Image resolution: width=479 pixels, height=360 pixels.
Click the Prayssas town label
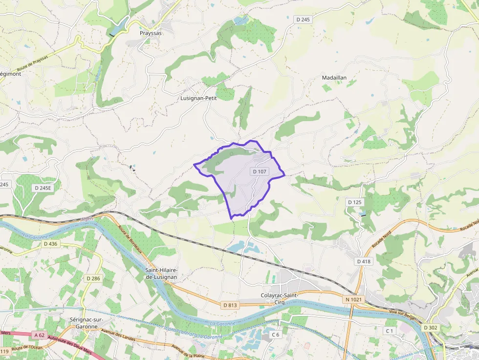point(150,33)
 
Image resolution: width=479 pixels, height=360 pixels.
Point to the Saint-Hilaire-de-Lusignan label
point(161,273)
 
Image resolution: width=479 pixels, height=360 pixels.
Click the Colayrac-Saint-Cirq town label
point(280,299)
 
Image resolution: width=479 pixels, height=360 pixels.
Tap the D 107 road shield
point(260,171)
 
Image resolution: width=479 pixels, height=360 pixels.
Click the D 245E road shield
point(43,188)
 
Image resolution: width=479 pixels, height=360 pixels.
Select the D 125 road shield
point(355,202)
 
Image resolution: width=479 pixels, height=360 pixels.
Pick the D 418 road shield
point(365,261)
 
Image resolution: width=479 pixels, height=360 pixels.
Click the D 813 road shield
point(230,305)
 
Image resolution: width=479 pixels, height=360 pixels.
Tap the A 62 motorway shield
point(40,335)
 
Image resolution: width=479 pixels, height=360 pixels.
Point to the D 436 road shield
point(50,243)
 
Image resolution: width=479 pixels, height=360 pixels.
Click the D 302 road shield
point(430,327)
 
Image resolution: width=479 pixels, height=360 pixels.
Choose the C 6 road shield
point(276,335)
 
